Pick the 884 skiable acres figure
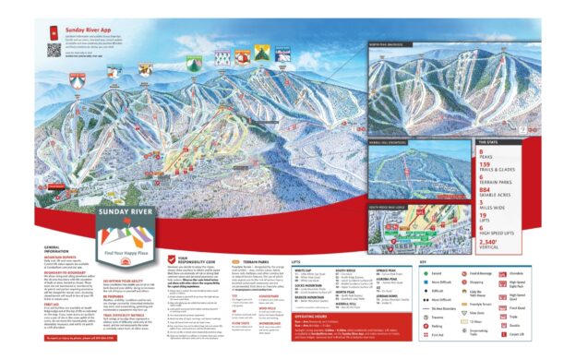(486, 188)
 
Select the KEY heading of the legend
(426, 262)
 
